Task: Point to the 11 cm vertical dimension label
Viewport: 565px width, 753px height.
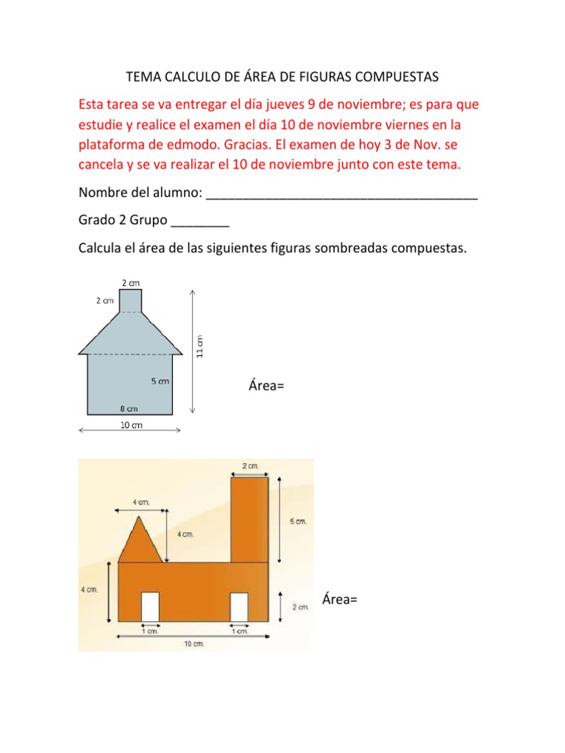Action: click(199, 346)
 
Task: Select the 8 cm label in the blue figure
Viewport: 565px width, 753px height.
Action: click(129, 407)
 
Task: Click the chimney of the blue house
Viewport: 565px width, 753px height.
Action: click(130, 300)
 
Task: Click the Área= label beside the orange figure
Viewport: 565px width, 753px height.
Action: click(340, 600)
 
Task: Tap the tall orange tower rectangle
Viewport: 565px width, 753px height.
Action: click(249, 518)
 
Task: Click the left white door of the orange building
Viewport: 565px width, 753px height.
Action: click(150, 607)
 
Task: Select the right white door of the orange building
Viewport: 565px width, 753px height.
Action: click(239, 607)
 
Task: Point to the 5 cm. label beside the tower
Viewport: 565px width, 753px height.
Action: click(297, 521)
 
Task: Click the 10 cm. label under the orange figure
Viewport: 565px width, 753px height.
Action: click(193, 643)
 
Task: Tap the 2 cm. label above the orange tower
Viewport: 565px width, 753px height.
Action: click(250, 466)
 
